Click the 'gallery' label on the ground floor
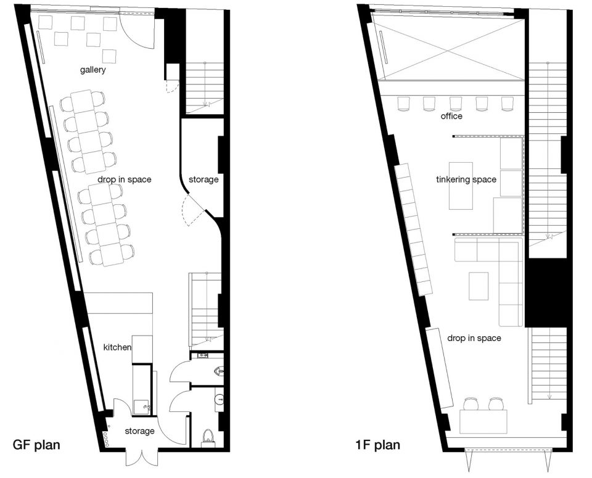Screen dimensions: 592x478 coord(92,70)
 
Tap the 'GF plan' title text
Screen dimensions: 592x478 coord(36,445)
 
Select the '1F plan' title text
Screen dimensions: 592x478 coord(377,445)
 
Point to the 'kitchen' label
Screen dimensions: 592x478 coord(117,347)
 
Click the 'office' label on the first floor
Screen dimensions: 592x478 coord(451,116)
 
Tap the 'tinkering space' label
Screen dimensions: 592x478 coord(466,179)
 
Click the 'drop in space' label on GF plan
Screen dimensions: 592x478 coord(124,179)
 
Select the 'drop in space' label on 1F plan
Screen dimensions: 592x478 coord(474,338)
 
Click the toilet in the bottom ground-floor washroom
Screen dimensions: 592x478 coord(208,437)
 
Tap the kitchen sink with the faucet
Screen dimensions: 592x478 coord(142,408)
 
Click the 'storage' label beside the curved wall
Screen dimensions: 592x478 coord(203,179)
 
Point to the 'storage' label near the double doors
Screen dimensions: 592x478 coord(140,431)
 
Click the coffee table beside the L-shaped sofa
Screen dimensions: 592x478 coord(479,286)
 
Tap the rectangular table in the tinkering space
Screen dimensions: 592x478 coord(461,186)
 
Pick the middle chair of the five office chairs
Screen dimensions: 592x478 coord(456,104)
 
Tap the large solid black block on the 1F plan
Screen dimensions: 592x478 coord(546,292)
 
